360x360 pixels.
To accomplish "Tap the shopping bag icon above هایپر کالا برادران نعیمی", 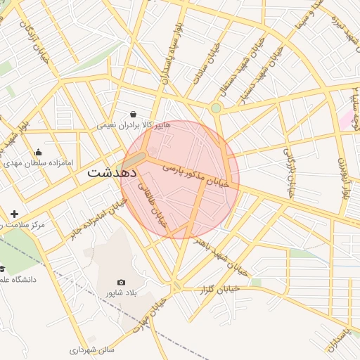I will click(x=134, y=114).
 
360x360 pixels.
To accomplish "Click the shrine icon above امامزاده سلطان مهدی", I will click(x=38, y=152).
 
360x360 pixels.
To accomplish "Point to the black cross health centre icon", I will click(x=14, y=213).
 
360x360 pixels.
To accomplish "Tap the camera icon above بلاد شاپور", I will click(x=122, y=282).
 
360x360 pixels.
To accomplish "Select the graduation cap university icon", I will click(x=2, y=269).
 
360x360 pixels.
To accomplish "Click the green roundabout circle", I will click(x=216, y=108).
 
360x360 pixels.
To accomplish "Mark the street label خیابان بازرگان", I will click(x=288, y=172).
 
